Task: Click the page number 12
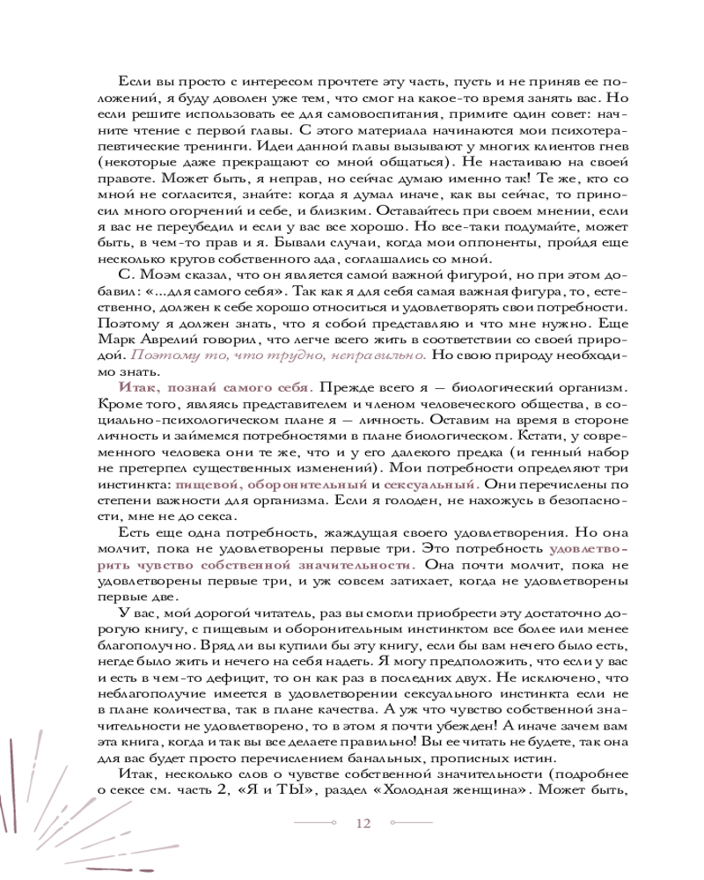click(363, 823)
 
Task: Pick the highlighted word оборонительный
click(305, 485)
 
